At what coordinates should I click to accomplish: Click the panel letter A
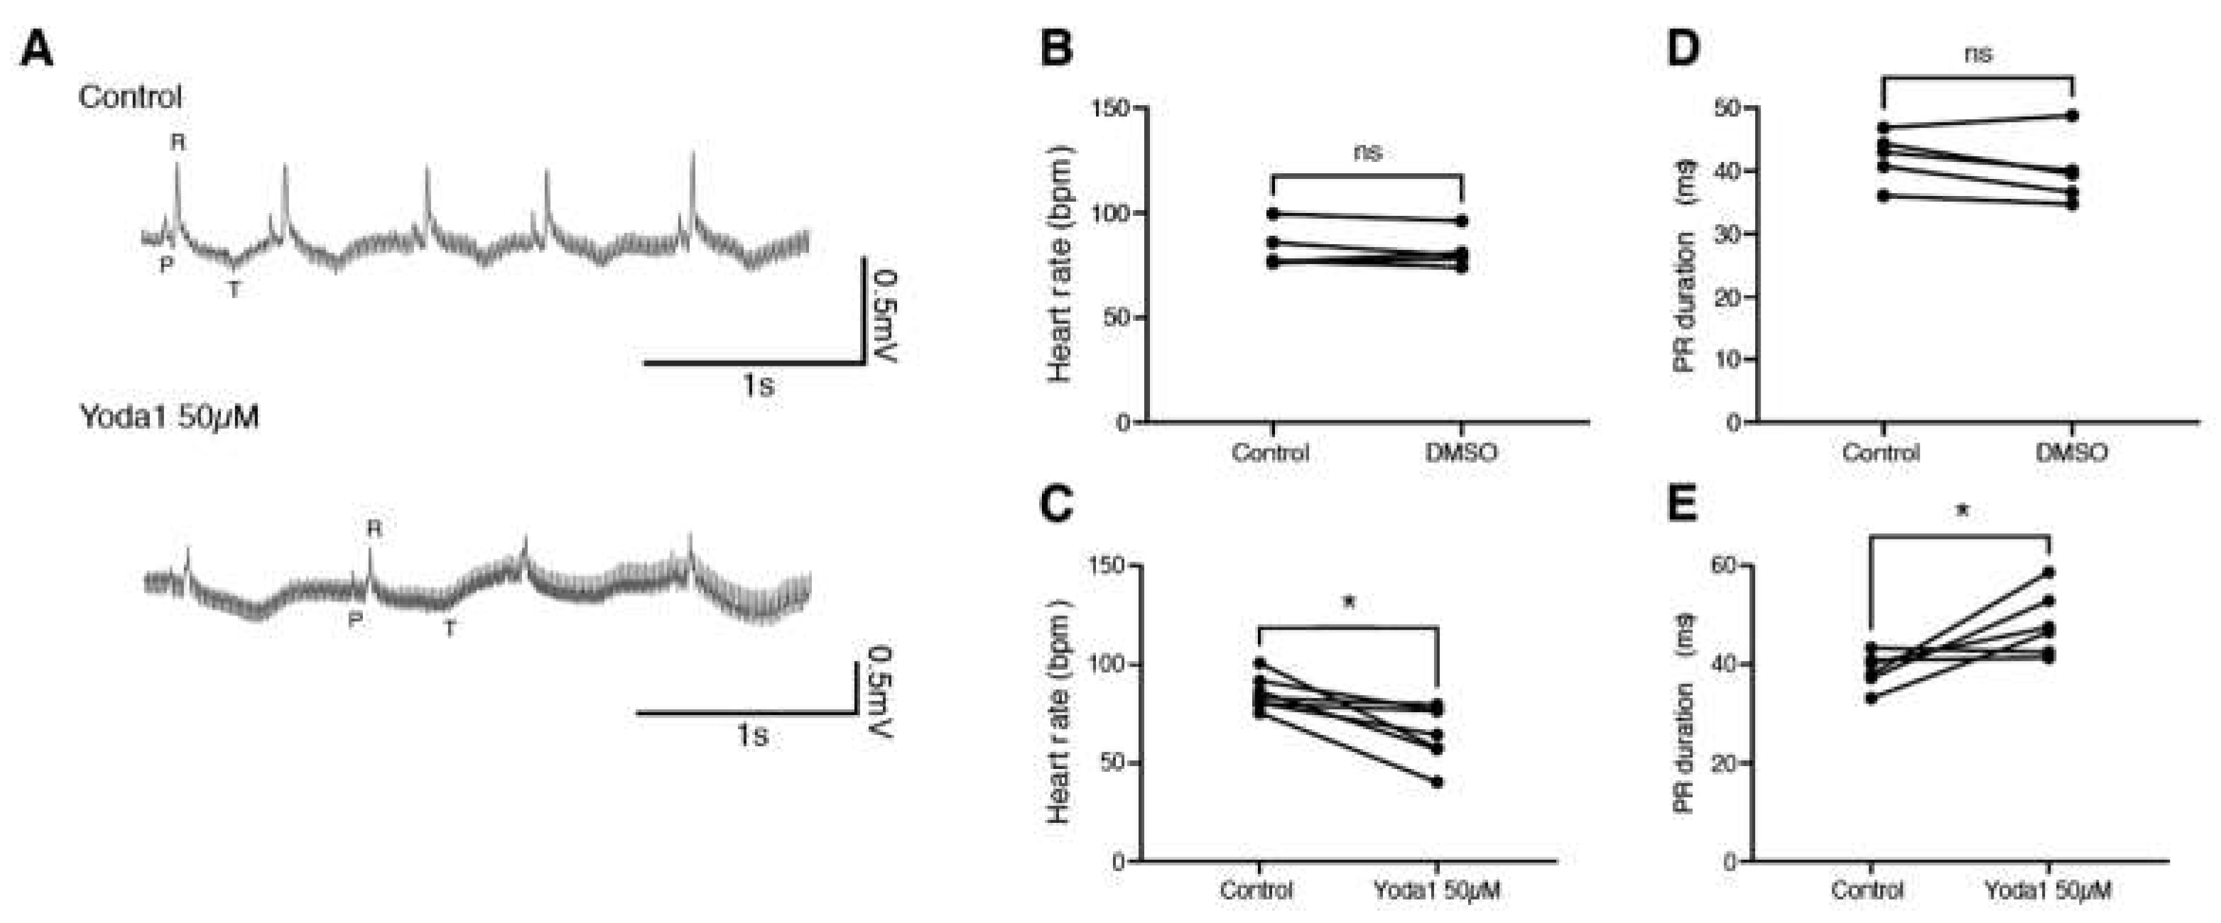click(x=37, y=48)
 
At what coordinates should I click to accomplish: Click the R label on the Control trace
click(x=178, y=142)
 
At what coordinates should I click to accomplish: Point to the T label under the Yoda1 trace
click(x=450, y=630)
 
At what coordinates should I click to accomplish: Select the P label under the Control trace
click(x=166, y=266)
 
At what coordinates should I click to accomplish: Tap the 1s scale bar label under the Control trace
click(x=758, y=386)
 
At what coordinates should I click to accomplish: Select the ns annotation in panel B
click(x=1367, y=153)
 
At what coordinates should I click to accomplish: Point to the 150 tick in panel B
click(x=1111, y=109)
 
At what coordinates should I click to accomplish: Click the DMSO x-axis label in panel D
click(x=2072, y=452)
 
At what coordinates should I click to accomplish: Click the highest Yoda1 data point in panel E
click(x=2048, y=572)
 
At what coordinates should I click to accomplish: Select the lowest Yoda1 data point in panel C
click(x=1438, y=782)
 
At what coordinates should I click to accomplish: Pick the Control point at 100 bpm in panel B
click(x=1273, y=214)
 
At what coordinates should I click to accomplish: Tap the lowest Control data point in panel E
click(x=1870, y=698)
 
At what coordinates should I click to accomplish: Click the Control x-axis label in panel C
click(x=1256, y=890)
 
